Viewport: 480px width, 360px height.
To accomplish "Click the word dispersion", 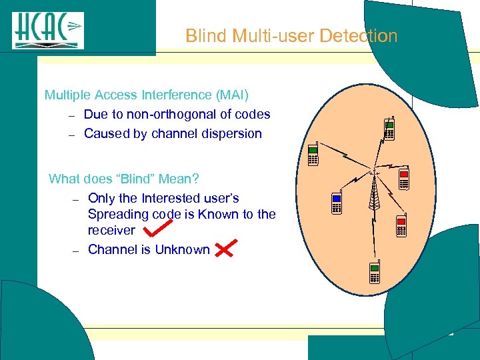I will [x=231, y=133].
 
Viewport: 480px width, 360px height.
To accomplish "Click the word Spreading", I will [x=118, y=214].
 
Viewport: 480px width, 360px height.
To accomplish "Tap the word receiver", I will [x=111, y=230].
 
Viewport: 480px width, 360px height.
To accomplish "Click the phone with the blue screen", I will [x=337, y=203].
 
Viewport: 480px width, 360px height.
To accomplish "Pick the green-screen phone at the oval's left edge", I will [x=313, y=156].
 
